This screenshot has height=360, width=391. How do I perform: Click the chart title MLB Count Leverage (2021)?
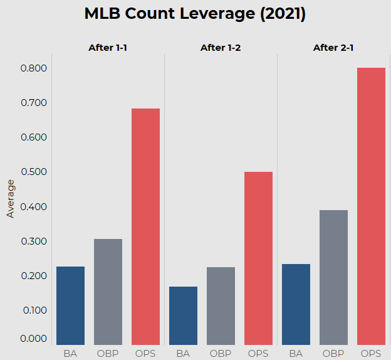(195, 14)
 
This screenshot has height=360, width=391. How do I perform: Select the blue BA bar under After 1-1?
(70, 305)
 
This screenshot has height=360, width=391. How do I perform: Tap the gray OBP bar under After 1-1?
(108, 292)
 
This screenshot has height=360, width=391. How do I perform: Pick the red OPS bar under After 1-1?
(145, 226)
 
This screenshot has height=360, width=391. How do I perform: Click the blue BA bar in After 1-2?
(183, 315)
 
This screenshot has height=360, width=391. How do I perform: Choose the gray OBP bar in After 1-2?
(221, 305)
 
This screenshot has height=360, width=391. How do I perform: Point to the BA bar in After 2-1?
(296, 304)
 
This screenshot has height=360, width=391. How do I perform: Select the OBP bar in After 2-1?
(333, 277)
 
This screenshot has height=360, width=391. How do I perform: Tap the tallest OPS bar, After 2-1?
(371, 206)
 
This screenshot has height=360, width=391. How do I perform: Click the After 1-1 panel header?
(108, 48)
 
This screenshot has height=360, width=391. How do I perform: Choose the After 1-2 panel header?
(221, 48)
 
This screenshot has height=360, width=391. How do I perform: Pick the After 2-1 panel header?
(334, 48)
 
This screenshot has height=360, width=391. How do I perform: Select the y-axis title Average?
(10, 199)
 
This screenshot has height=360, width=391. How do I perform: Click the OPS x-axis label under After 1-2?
(258, 353)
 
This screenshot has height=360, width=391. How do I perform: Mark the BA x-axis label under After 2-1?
(296, 353)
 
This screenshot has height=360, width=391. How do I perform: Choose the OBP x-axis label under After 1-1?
(108, 353)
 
